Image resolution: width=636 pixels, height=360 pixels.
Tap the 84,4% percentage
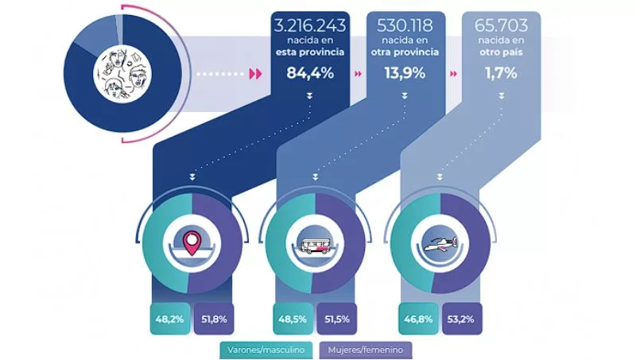[308, 75]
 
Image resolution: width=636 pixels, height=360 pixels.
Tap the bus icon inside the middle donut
[316, 243]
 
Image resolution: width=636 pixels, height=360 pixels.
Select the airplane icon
[440, 245]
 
